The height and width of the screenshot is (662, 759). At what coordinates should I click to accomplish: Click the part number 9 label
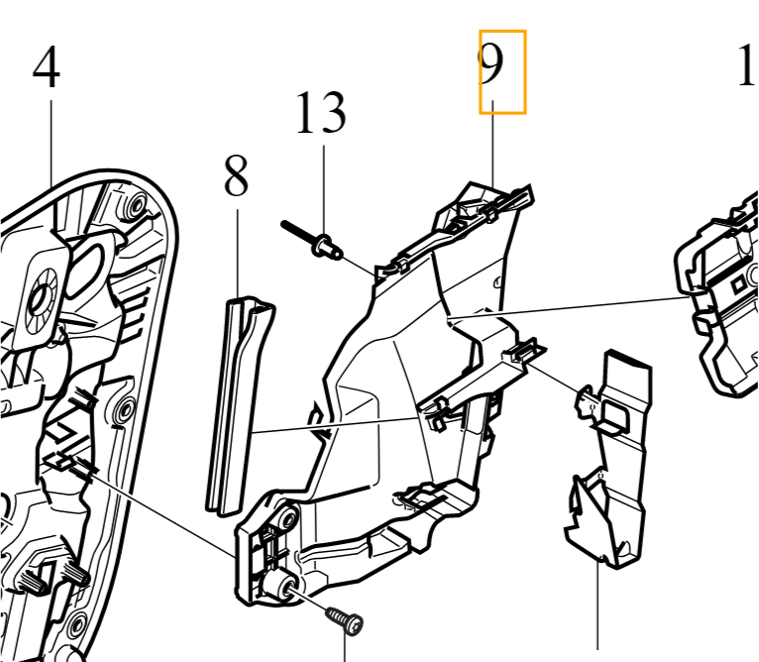502,71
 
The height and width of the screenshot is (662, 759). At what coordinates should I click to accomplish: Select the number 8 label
236,178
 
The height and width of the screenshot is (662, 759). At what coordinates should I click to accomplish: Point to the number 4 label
46,68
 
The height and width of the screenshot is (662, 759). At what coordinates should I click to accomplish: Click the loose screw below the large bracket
345,621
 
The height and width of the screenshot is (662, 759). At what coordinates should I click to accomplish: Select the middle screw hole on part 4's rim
125,408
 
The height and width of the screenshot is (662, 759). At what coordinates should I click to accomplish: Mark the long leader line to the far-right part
575,306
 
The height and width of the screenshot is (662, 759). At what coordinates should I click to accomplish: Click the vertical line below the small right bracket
599,614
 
